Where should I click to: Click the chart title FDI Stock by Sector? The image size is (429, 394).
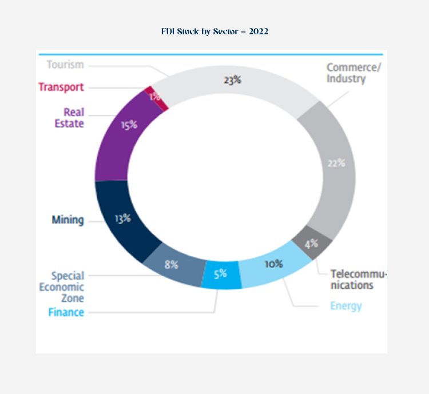pyautogui.click(x=214, y=31)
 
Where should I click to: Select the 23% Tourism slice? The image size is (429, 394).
pyautogui.click(x=233, y=81)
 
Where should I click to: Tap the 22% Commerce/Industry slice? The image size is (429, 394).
pyautogui.click(x=336, y=163)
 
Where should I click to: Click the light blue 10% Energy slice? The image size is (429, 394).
pyautogui.click(x=273, y=264)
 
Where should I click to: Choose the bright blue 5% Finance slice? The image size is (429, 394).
pyautogui.click(x=220, y=274)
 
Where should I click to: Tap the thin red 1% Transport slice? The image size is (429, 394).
pyautogui.click(x=155, y=96)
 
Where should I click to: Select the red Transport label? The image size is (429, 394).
pyautogui.click(x=61, y=87)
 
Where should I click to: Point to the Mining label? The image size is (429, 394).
pyautogui.click(x=67, y=220)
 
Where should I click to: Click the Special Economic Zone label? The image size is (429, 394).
pyautogui.click(x=62, y=287)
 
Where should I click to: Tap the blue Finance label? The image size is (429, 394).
pyautogui.click(x=66, y=312)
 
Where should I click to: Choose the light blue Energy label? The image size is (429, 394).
pyautogui.click(x=346, y=306)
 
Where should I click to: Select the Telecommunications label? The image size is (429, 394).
pyautogui.click(x=359, y=280)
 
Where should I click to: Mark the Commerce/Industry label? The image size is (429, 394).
pyautogui.click(x=353, y=73)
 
